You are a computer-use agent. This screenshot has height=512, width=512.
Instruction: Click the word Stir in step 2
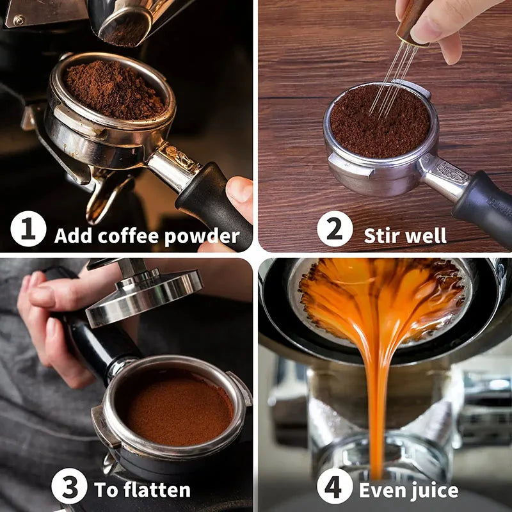tap(382, 236)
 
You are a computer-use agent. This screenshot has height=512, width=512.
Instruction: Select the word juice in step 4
tap(435, 491)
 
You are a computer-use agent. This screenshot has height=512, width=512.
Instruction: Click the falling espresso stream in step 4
tap(377, 397)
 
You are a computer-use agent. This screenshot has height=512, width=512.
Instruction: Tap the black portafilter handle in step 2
tap(483, 205)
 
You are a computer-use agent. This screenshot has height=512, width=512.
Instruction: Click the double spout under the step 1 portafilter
tap(106, 195)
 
